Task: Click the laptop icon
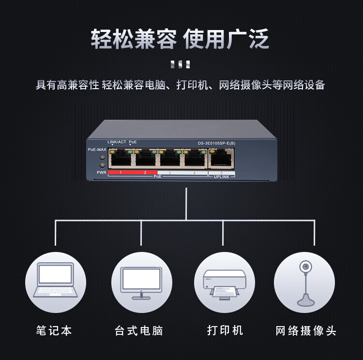[55, 281]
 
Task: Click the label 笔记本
[54, 330]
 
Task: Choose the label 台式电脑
[139, 331]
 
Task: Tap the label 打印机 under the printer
[225, 330]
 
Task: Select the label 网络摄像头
[306, 331]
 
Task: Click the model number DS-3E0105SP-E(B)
[216, 143]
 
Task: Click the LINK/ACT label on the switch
[117, 142]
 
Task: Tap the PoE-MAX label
[97, 150]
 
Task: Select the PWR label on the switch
[101, 172]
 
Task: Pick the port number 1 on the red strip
[121, 172]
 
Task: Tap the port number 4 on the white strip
[194, 172]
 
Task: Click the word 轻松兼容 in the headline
[134, 39]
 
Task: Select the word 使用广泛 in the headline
[227, 39]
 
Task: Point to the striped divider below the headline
[181, 64]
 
